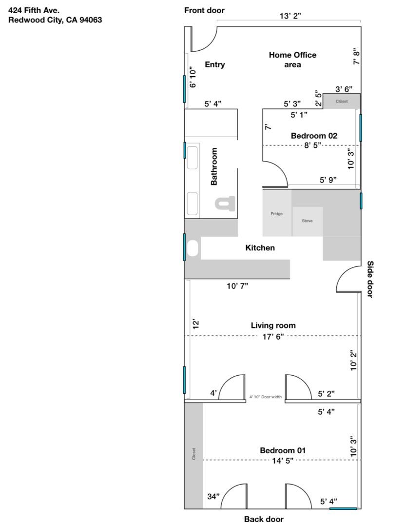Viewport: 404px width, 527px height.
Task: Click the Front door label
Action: (x=204, y=11)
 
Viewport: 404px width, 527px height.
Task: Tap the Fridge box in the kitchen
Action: (x=277, y=213)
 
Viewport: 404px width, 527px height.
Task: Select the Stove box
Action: (x=307, y=221)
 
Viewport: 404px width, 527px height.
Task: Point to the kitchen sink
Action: (x=193, y=248)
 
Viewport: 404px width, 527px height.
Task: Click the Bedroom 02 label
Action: (x=314, y=136)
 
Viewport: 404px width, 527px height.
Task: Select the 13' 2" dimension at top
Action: (x=290, y=16)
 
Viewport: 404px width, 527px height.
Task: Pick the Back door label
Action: (x=264, y=519)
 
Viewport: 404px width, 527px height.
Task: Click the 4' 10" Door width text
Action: (x=266, y=397)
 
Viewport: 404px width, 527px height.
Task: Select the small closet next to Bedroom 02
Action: (x=342, y=101)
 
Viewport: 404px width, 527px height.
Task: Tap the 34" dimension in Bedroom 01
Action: (x=213, y=496)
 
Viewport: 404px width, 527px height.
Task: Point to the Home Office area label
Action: (x=292, y=60)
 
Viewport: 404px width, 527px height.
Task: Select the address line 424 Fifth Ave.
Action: (x=34, y=10)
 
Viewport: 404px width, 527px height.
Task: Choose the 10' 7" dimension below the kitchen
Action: (x=237, y=286)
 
